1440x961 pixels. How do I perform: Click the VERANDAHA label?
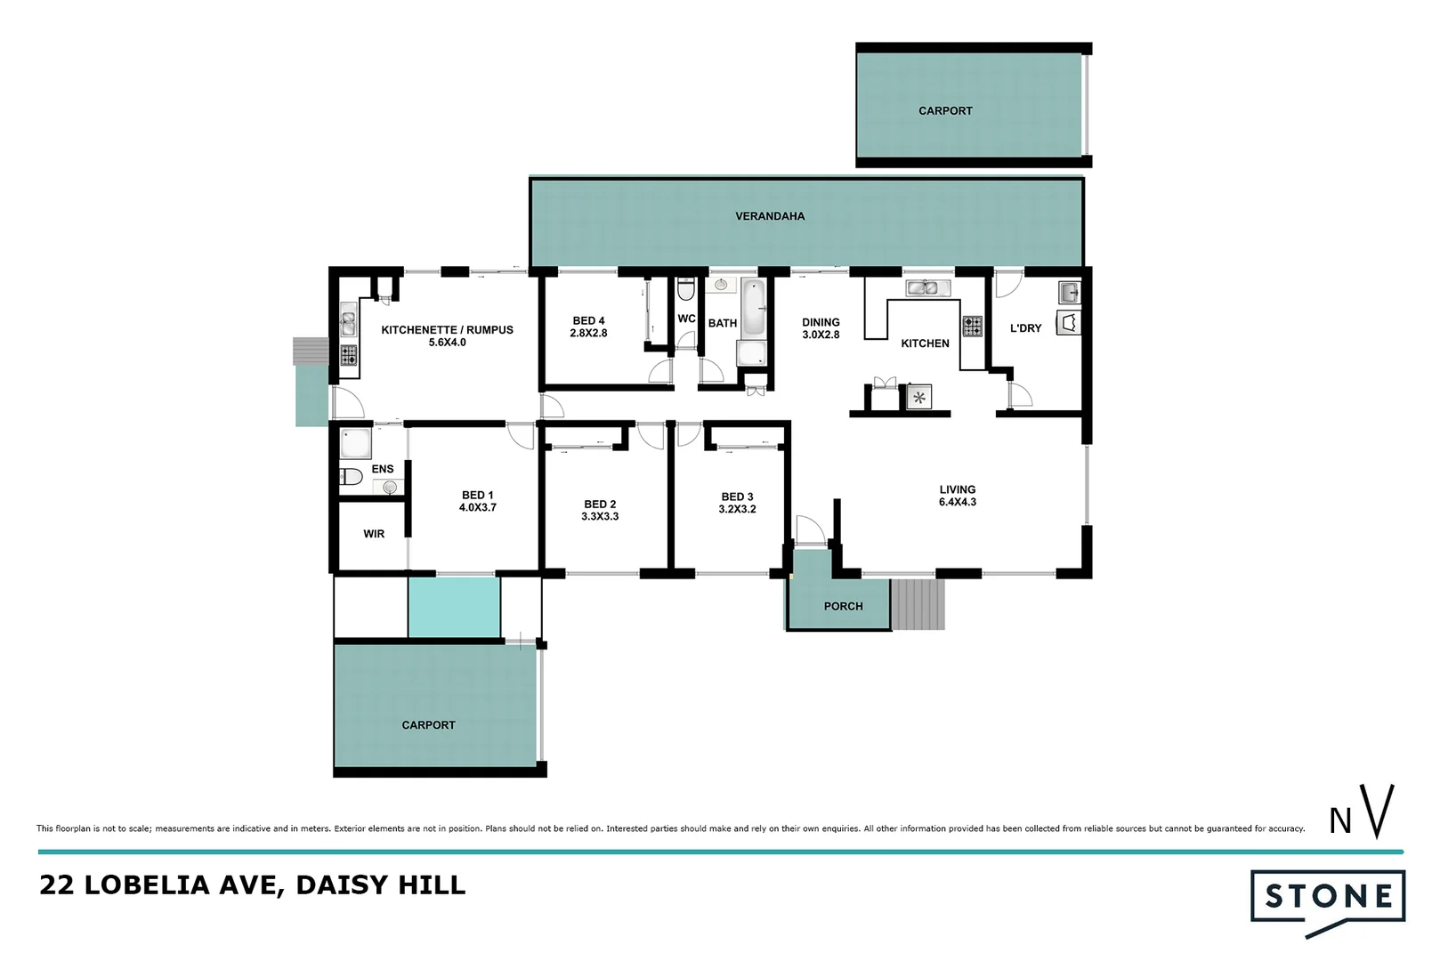[x=770, y=216]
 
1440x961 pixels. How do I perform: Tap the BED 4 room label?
[x=588, y=327]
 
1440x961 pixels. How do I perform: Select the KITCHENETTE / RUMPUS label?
[x=447, y=335]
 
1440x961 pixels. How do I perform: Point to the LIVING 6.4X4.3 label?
[x=957, y=496]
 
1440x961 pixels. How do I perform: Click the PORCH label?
[x=843, y=606]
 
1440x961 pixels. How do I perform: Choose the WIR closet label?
[x=374, y=534]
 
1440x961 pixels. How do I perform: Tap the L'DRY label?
[x=1025, y=328]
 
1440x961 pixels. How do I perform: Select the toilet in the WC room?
[x=685, y=290]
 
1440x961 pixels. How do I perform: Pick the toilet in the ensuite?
[x=351, y=477]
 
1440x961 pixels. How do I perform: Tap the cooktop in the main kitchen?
[x=972, y=327]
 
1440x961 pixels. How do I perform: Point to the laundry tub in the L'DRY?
[x=1069, y=292]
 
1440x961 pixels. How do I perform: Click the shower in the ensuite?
[x=356, y=443]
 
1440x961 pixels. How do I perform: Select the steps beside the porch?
[x=918, y=604]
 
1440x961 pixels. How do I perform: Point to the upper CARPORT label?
[x=945, y=111]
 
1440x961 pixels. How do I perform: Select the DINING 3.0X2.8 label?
[x=820, y=328]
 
